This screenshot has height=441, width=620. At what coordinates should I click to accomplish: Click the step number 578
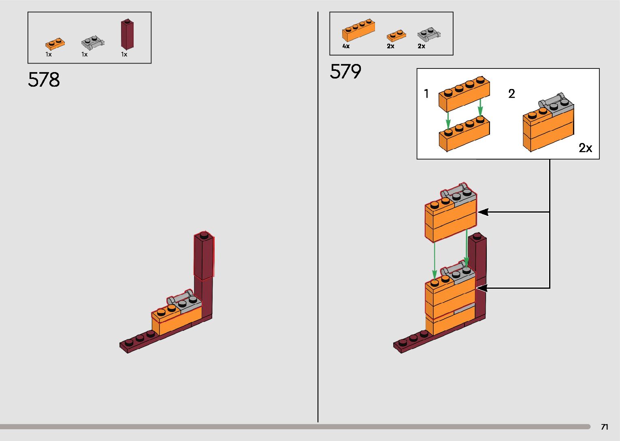[44, 80]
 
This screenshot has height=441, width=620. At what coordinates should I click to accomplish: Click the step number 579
[345, 72]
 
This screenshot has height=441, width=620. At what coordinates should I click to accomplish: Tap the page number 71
[604, 427]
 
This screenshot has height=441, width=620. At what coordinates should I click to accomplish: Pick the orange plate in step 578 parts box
[55, 43]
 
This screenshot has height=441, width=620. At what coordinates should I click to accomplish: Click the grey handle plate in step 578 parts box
[93, 42]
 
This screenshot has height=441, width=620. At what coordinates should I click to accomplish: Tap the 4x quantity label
[346, 46]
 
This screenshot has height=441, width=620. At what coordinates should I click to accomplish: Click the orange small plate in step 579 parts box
[396, 36]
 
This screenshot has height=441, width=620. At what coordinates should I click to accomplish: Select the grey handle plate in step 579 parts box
[428, 34]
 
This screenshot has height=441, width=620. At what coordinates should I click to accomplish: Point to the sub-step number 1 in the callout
[426, 94]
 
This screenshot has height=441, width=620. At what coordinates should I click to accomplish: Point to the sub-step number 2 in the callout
[511, 94]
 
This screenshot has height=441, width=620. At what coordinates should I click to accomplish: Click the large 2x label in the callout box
[585, 148]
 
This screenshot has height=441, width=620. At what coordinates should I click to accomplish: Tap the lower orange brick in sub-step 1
[464, 134]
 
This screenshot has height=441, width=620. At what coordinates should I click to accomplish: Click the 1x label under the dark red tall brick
[124, 55]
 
